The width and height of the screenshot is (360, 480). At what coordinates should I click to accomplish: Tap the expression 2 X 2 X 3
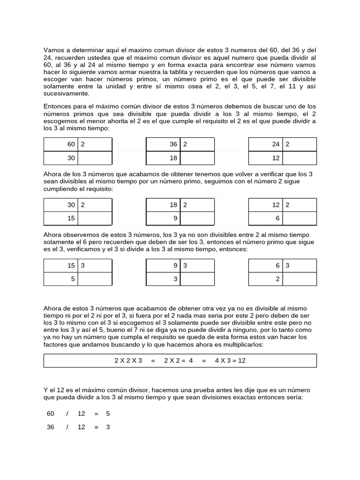[x=128, y=360]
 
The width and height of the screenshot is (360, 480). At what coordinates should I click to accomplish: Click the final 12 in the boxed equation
[x=242, y=360]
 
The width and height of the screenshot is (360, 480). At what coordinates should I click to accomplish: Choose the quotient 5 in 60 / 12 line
[x=108, y=414]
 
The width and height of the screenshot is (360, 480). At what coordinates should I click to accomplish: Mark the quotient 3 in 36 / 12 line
[x=108, y=427]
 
